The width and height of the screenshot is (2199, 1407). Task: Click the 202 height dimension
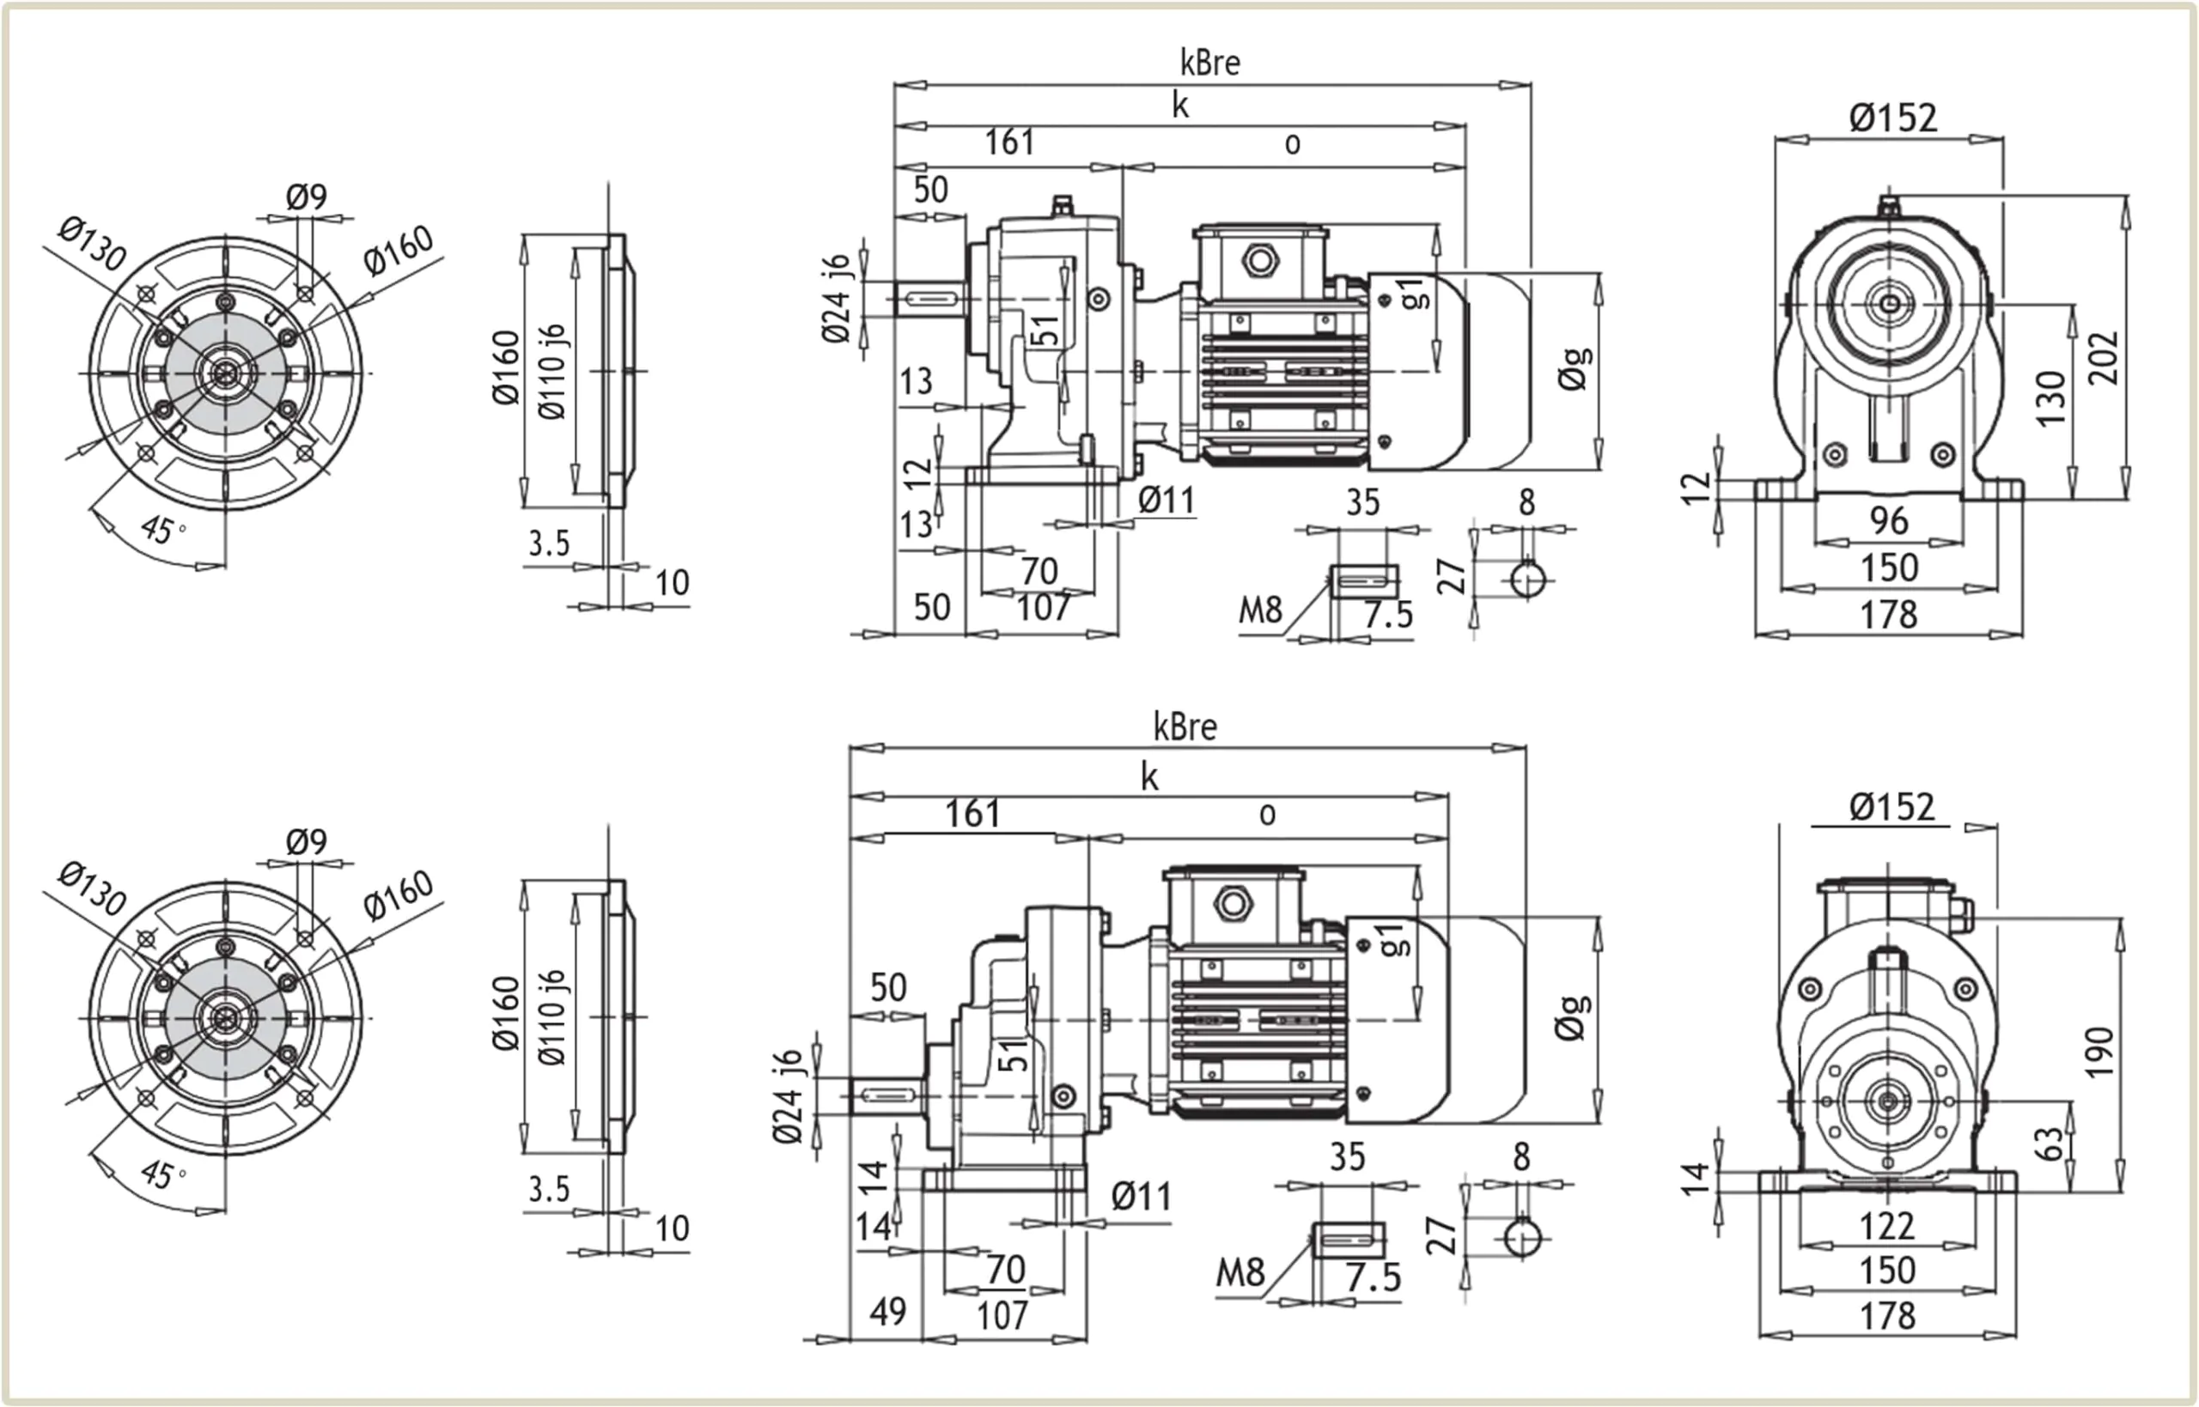(2102, 358)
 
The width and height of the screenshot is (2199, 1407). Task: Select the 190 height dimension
(2099, 1052)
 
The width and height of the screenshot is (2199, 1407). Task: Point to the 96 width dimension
(1888, 521)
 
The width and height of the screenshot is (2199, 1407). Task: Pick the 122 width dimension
(1886, 1226)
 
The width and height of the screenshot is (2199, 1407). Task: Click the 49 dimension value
(887, 1312)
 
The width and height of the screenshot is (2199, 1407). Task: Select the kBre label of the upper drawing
(1210, 63)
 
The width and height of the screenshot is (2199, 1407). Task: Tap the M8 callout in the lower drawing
(1240, 1271)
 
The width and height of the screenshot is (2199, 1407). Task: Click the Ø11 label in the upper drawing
(1167, 500)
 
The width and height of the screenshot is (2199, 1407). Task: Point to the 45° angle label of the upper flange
(162, 529)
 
